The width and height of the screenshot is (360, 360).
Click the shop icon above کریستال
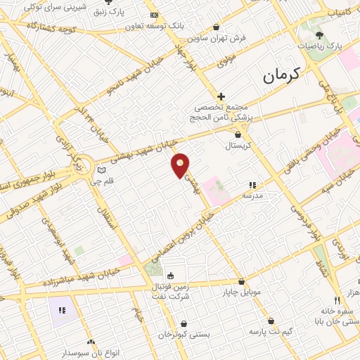point(239,134)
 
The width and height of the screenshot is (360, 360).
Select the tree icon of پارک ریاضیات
point(320,34)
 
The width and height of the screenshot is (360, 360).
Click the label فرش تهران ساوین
point(222,38)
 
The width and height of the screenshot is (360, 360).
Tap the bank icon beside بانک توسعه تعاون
point(154,15)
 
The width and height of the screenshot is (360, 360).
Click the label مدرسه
point(252,197)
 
